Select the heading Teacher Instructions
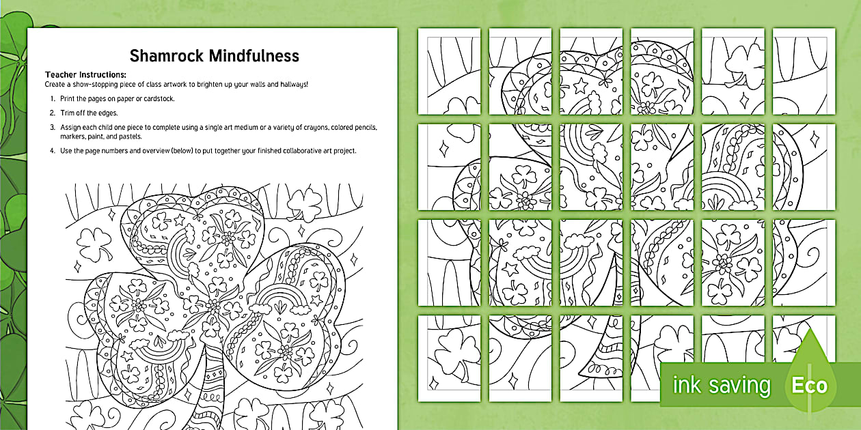(86, 74)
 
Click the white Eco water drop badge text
(809, 386)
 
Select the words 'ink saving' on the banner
(721, 386)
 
